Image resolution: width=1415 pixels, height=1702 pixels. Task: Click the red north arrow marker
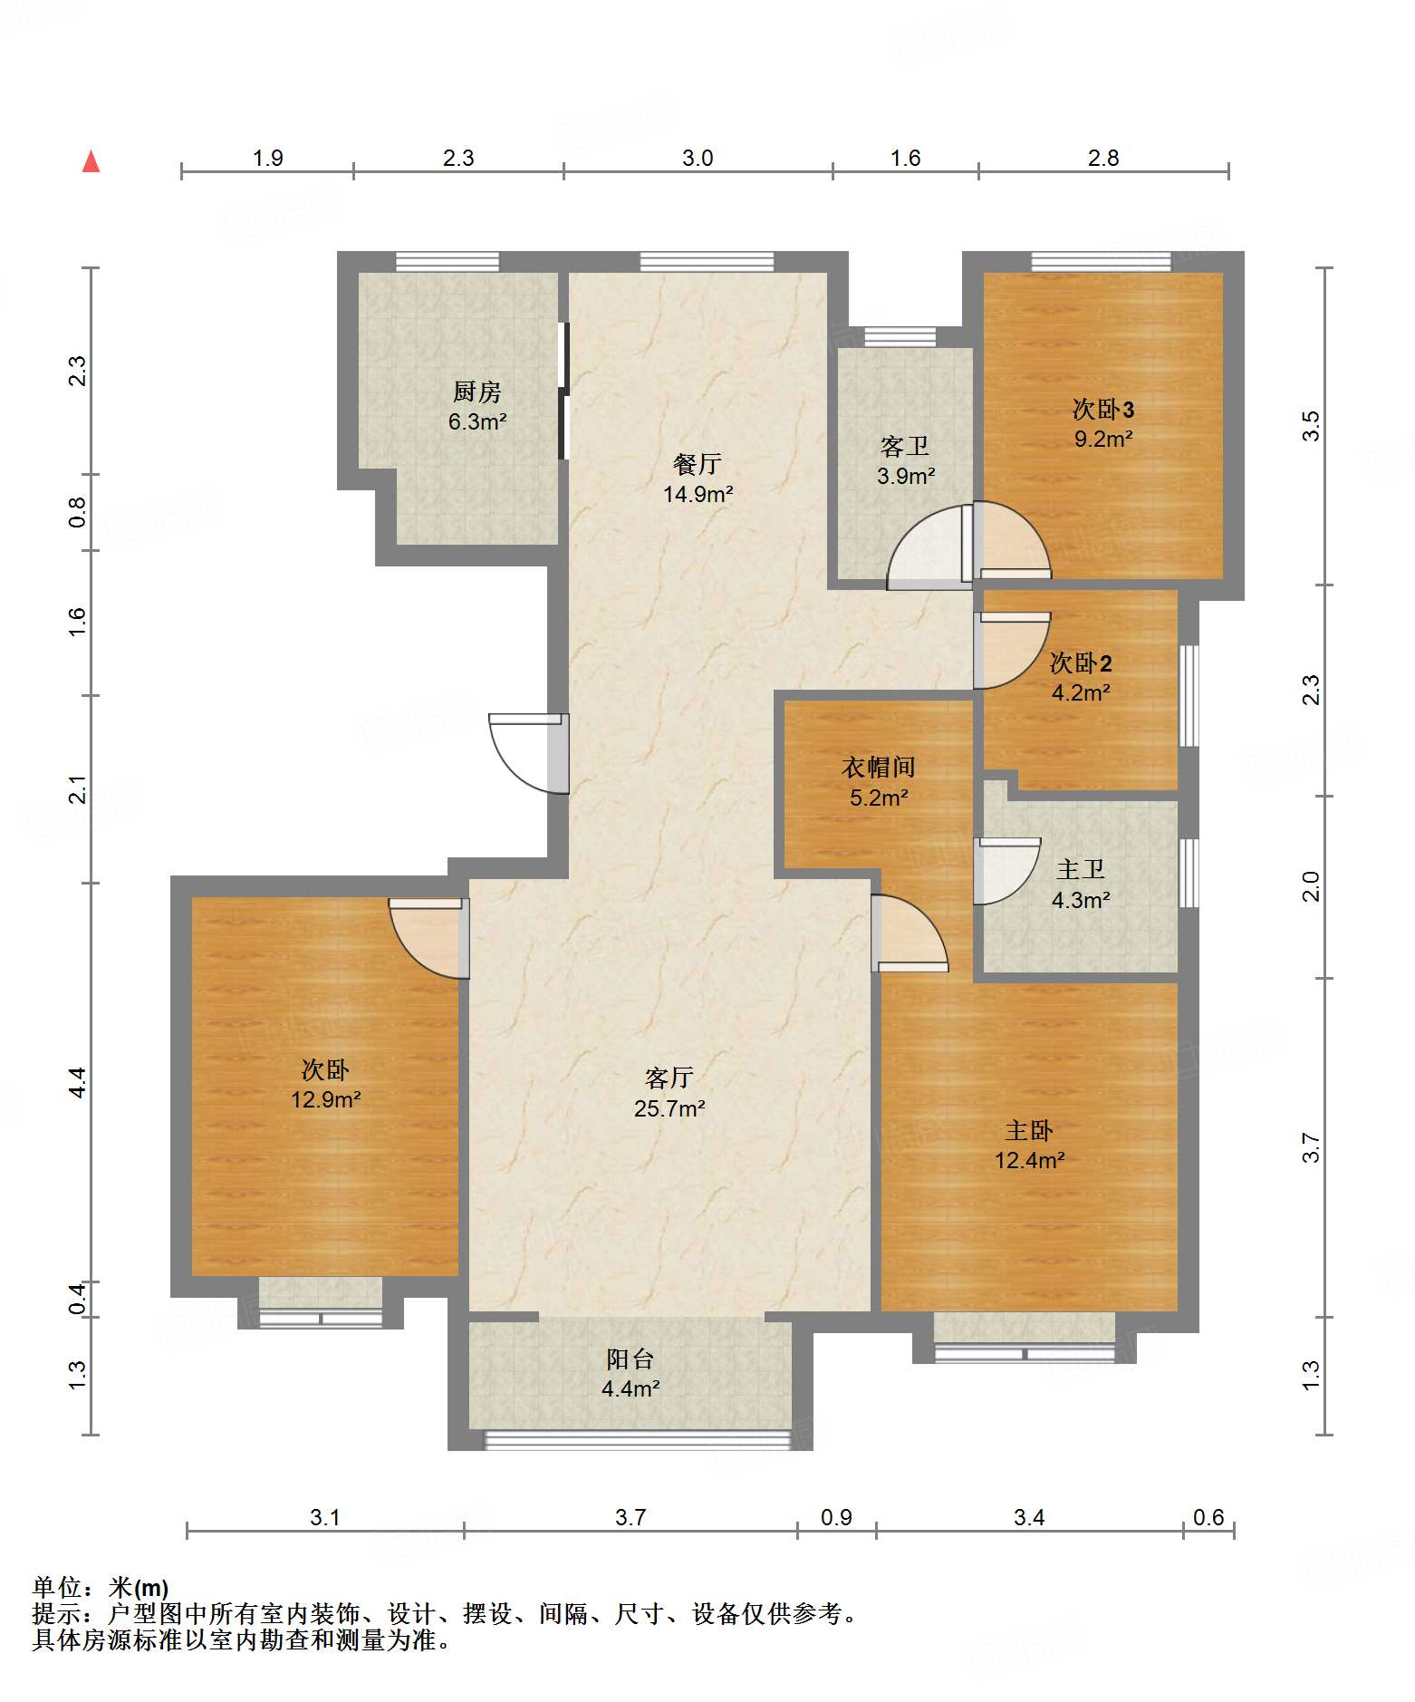tap(91, 161)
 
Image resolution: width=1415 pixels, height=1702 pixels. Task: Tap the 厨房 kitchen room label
tap(476, 392)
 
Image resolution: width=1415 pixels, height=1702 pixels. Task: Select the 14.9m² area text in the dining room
tap(698, 494)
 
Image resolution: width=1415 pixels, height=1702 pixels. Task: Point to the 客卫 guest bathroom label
tap(905, 446)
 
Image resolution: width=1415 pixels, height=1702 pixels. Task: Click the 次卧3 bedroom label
tap(1102, 409)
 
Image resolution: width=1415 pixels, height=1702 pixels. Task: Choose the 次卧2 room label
tap(1080, 662)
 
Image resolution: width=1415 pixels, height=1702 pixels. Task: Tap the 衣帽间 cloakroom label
tap(878, 767)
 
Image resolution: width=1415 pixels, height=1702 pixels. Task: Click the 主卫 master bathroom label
tap(1080, 869)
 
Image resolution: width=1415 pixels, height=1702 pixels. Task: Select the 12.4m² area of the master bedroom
tap(1029, 1160)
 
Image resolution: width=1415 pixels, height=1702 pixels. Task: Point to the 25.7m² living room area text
tap(669, 1108)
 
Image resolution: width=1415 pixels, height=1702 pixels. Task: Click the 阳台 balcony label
tap(630, 1359)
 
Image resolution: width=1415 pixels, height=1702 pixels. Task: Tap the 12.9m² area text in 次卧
tap(325, 1099)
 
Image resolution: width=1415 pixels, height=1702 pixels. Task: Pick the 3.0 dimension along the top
tap(698, 158)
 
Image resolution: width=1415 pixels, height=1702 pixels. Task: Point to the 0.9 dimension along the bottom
tap(836, 1517)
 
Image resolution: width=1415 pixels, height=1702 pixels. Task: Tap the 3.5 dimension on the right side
tap(1311, 426)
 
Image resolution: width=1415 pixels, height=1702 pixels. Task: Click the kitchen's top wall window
tap(448, 261)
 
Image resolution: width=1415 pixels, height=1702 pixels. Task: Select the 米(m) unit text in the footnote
tap(139, 1588)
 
